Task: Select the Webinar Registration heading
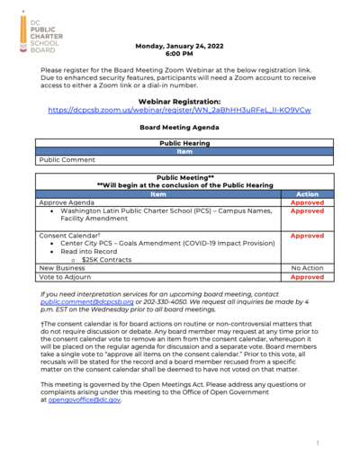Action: pyautogui.click(x=179, y=103)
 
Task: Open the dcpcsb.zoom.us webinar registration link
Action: pyautogui.click(x=179, y=111)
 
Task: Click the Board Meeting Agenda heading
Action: pyautogui.click(x=179, y=129)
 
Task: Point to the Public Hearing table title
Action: pyautogui.click(x=184, y=143)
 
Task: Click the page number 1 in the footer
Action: pyautogui.click(x=318, y=444)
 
